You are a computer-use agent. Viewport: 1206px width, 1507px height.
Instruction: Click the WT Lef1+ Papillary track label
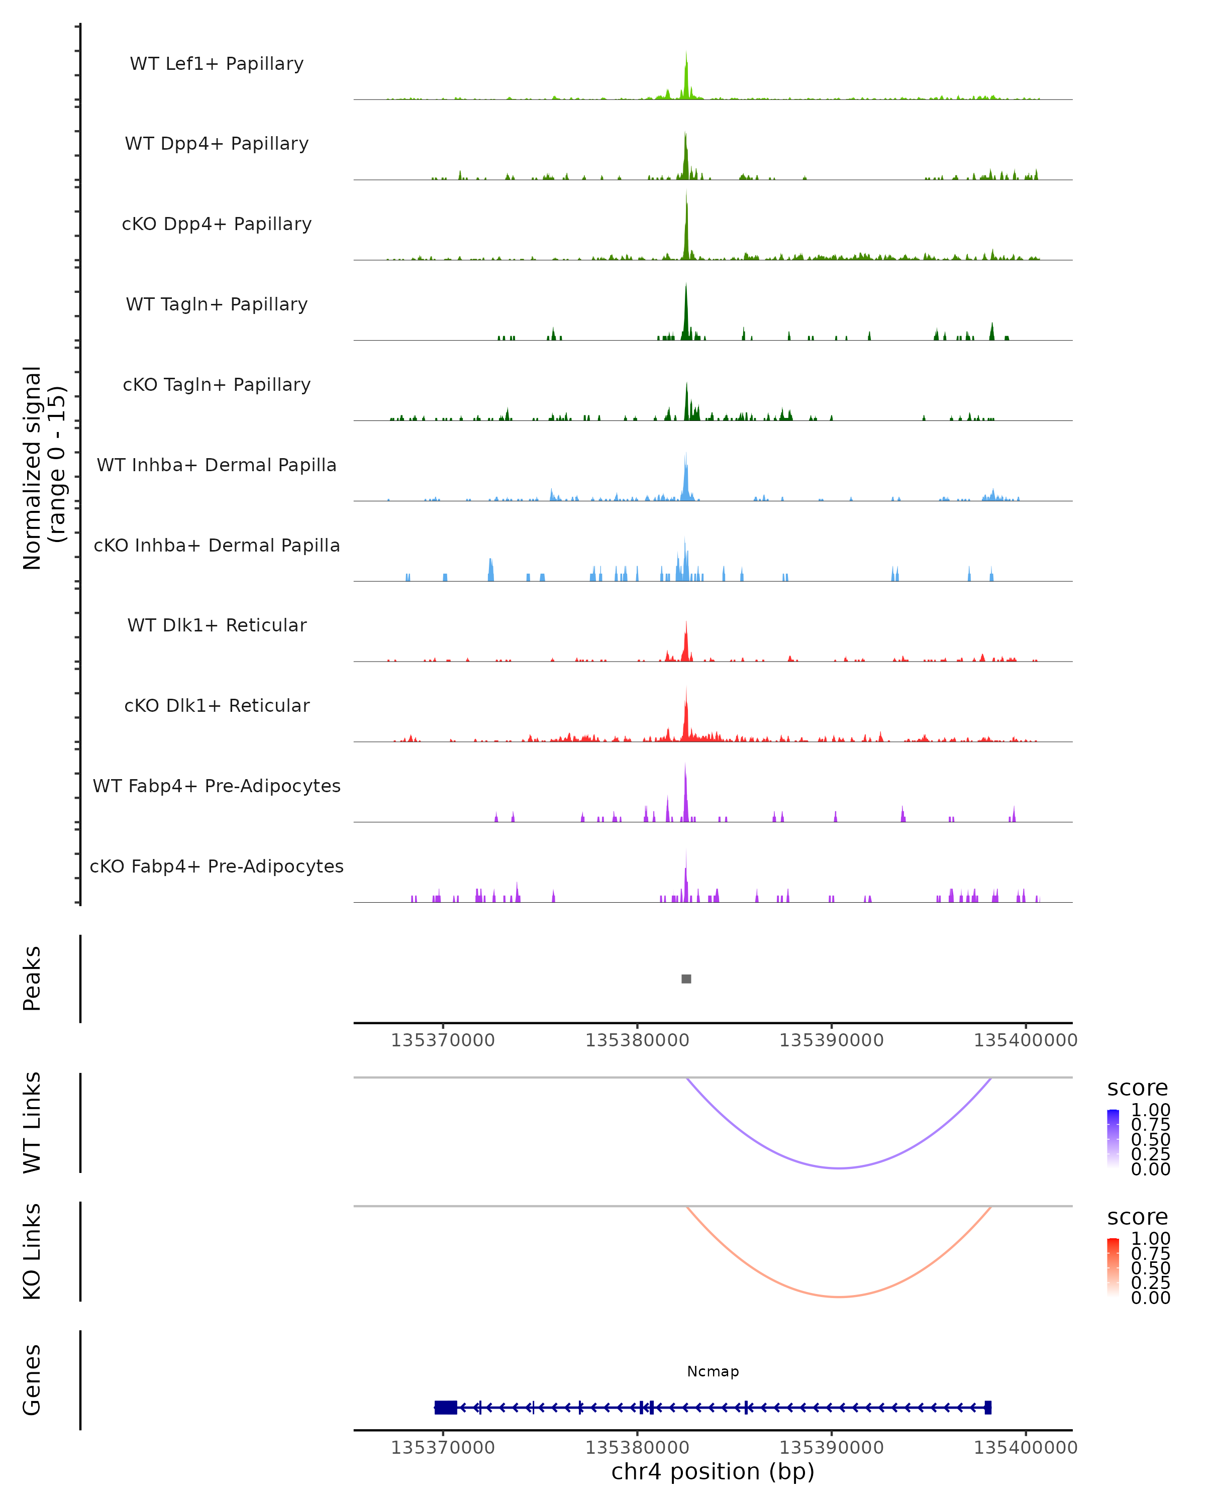coord(217,64)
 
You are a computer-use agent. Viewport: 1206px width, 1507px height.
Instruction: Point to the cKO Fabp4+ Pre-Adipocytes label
coord(217,866)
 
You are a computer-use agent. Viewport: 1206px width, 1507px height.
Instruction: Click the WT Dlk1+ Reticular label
coord(217,625)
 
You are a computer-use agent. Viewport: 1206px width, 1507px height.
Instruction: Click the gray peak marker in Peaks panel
coord(686,979)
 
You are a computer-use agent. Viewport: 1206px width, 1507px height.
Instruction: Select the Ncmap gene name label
coord(713,1371)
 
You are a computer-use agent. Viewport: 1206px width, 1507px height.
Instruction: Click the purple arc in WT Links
coord(839,1167)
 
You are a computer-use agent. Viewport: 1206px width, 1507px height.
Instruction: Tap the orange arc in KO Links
coord(839,1297)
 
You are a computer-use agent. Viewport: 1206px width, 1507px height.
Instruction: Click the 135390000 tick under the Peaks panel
coord(831,1040)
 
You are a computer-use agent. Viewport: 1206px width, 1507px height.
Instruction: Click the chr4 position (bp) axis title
coord(713,1471)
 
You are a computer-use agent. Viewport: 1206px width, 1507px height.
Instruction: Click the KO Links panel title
coord(32,1251)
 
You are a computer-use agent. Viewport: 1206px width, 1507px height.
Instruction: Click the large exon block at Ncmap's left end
coord(445,1408)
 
